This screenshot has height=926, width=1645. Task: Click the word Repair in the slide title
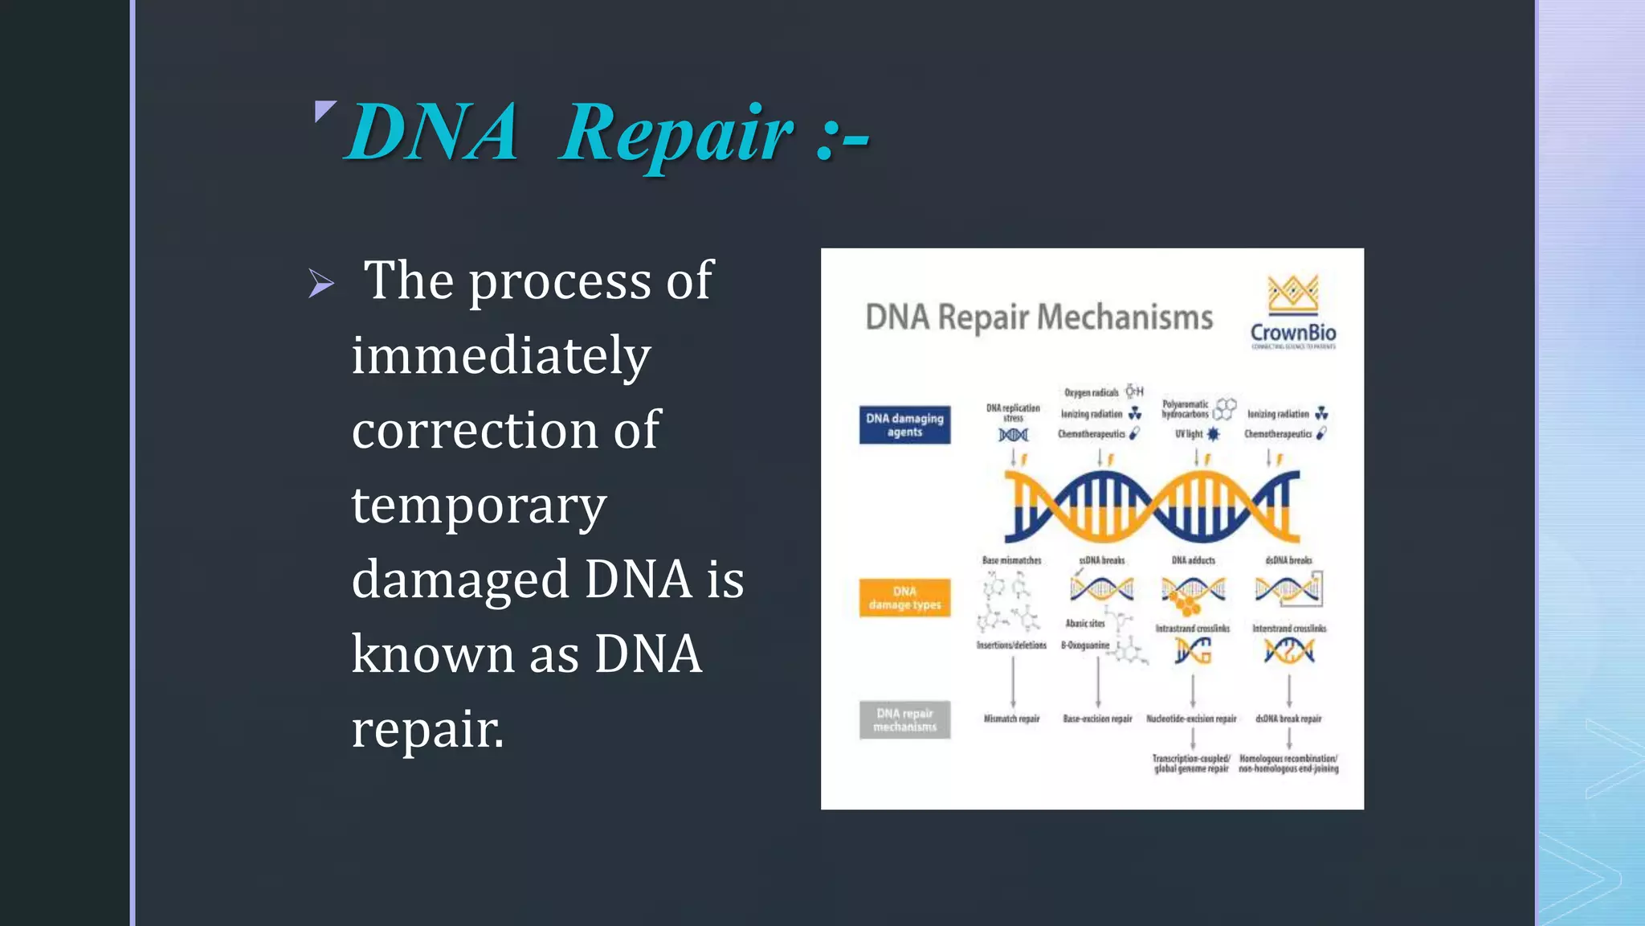pyautogui.click(x=676, y=133)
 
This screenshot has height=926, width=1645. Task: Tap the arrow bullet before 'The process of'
pyautogui.click(x=321, y=283)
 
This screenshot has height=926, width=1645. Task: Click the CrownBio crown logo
pyautogui.click(x=1292, y=294)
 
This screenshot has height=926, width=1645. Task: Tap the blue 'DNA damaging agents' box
pyautogui.click(x=904, y=425)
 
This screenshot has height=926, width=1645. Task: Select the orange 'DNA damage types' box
pyautogui.click(x=904, y=598)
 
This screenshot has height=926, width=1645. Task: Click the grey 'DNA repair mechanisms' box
pyautogui.click(x=904, y=719)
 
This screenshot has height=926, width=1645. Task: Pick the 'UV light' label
pyautogui.click(x=1189, y=434)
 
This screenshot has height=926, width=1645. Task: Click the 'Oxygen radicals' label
pyautogui.click(x=1091, y=393)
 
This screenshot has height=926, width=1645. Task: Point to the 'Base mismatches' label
pyautogui.click(x=1011, y=560)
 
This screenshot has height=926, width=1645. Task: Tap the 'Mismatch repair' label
pyautogui.click(x=1011, y=719)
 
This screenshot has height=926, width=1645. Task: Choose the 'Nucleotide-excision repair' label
pyautogui.click(x=1191, y=719)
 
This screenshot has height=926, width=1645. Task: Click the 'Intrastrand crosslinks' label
pyautogui.click(x=1192, y=629)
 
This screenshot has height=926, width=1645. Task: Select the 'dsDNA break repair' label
pyautogui.click(x=1288, y=719)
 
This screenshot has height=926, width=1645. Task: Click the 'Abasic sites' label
pyautogui.click(x=1084, y=623)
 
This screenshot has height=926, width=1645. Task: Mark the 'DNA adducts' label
pyautogui.click(x=1193, y=560)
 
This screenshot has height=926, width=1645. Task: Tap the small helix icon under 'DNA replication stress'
pyautogui.click(x=1013, y=435)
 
